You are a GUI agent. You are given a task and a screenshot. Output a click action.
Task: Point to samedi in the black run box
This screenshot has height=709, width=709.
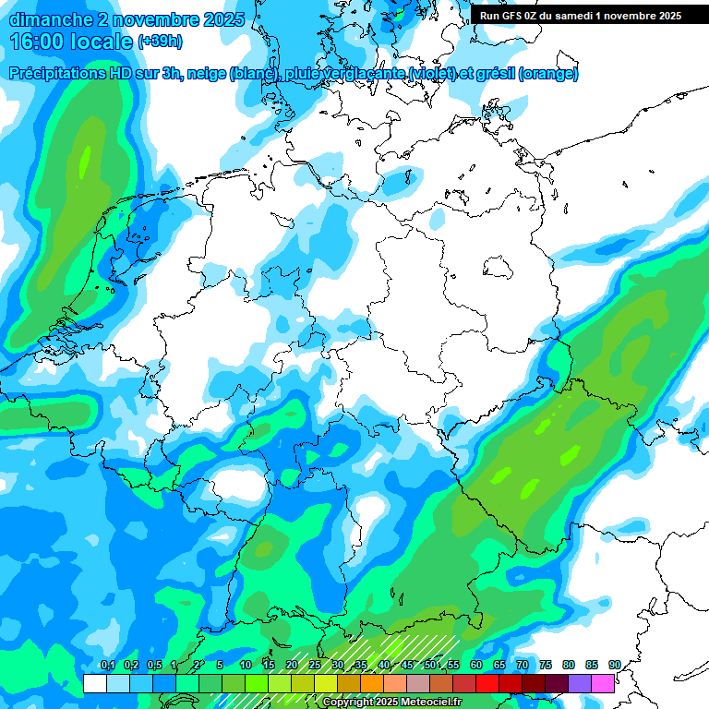[584, 16]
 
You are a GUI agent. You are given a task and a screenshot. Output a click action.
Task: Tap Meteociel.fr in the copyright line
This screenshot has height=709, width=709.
[426, 703]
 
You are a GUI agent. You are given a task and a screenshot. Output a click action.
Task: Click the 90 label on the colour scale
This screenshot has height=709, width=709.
[614, 665]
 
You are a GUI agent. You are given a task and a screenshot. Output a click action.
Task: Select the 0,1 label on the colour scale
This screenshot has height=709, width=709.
[107, 665]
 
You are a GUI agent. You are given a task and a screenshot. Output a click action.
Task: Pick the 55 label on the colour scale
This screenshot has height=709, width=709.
[453, 665]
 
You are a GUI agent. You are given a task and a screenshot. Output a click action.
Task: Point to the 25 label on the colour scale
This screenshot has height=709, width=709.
[314, 665]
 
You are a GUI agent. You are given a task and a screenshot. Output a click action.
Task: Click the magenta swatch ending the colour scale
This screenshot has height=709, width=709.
[602, 683]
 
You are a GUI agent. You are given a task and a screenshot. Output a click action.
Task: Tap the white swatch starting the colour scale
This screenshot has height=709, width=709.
[94, 683]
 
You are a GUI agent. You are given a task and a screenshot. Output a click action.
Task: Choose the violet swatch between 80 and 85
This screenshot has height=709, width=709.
[579, 683]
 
